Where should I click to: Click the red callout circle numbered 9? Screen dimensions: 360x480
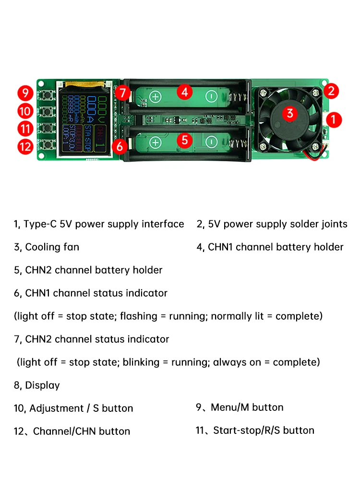25,92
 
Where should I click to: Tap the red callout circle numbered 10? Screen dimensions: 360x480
25,111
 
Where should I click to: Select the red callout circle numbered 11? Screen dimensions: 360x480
25,129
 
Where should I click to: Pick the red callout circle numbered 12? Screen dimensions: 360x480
25,146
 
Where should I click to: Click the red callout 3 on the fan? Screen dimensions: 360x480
289,114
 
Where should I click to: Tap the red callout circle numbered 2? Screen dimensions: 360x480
331,90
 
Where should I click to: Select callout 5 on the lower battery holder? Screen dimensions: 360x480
185,140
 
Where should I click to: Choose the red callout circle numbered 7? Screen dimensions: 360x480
123,92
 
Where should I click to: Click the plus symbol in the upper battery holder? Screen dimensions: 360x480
155,96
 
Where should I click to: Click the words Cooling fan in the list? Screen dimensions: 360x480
52,247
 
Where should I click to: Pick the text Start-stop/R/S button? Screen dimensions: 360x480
264,431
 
